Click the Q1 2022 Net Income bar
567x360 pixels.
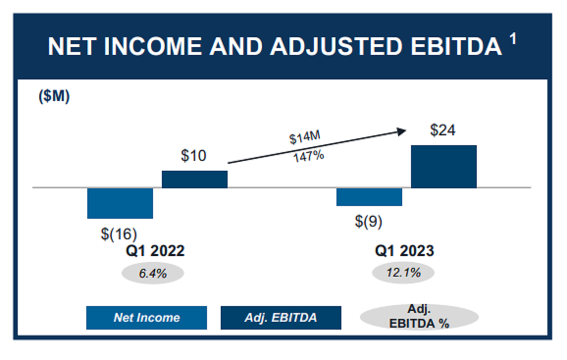tap(120, 203)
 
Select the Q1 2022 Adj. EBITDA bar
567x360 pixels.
tap(195, 180)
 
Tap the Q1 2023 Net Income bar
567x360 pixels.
tap(369, 197)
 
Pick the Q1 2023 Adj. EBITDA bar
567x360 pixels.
tap(443, 167)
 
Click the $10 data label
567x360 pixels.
tap(194, 156)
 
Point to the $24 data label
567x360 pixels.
tap(442, 130)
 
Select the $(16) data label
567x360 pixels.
tap(119, 233)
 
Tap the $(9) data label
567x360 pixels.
tap(368, 221)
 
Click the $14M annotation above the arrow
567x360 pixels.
tap(305, 138)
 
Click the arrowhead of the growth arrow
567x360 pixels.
tap(402, 131)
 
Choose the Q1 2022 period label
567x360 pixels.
tap(155, 251)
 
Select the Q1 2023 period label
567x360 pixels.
tap(405, 251)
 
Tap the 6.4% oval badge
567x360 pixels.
tap(153, 273)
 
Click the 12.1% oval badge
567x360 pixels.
tap(403, 273)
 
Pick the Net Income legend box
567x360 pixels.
tap(147, 318)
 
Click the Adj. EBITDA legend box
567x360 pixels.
tap(281, 318)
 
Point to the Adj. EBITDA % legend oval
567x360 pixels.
tap(419, 317)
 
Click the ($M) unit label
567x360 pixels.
tap(54, 97)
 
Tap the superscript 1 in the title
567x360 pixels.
tap(513, 40)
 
